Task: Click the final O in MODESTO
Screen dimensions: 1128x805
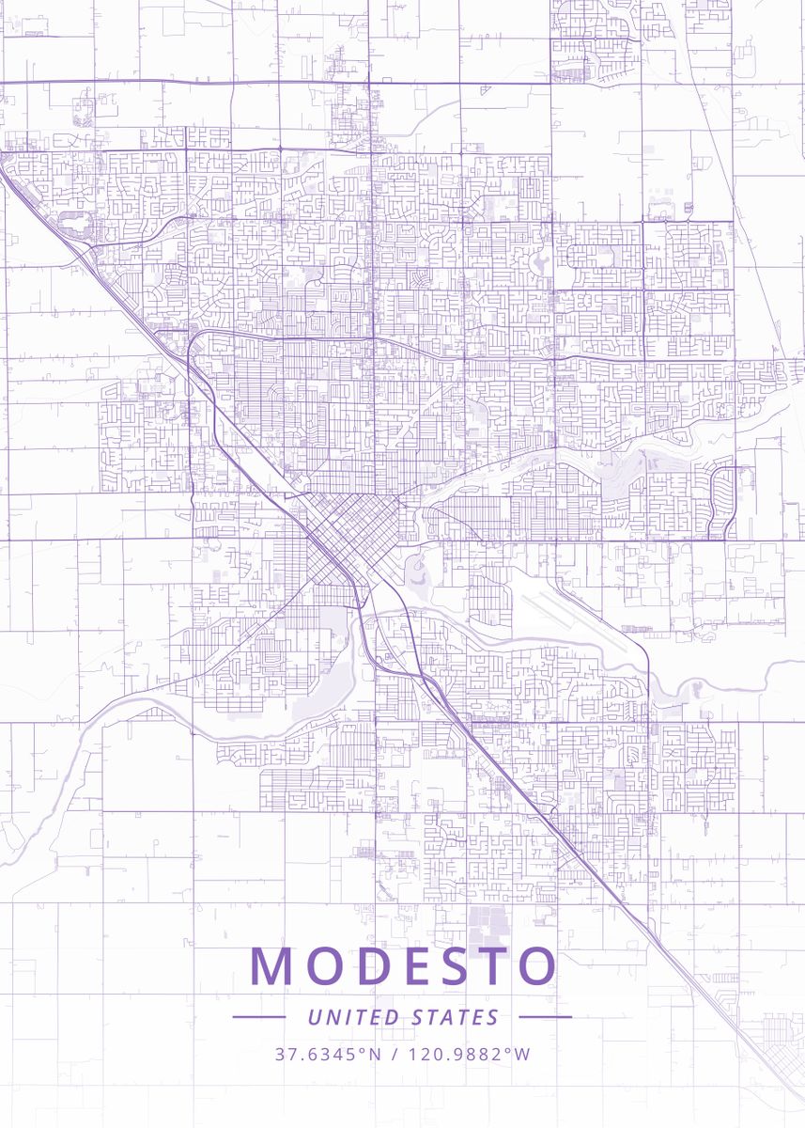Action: coord(537,966)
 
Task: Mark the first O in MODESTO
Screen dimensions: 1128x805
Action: coord(327,966)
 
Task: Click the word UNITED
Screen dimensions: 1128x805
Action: coord(352,1017)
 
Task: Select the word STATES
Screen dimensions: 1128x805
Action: coord(456,1017)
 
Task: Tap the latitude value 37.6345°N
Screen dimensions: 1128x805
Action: coord(328,1054)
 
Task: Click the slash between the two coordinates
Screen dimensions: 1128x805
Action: coord(395,1054)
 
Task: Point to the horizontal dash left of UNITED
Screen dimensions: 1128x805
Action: coord(258,1017)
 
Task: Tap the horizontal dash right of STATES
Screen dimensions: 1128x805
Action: coord(545,1017)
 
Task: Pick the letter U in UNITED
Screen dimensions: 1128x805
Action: coord(314,1017)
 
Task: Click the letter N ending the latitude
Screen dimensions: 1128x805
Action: coord(375,1054)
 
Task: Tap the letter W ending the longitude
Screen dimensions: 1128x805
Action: coord(523,1054)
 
